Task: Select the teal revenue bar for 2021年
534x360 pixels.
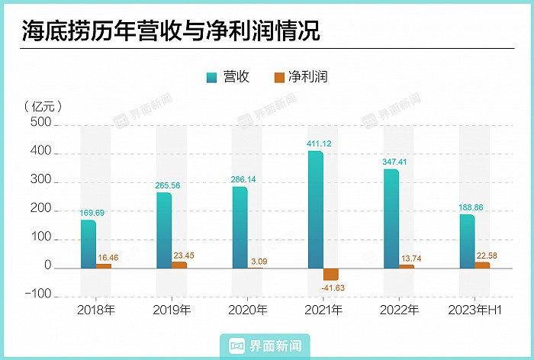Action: (316, 210)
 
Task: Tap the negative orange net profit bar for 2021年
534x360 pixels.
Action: (331, 275)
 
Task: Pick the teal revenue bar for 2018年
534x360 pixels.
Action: (88, 244)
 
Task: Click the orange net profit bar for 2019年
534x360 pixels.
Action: (179, 265)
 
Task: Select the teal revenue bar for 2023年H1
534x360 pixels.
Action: (467, 241)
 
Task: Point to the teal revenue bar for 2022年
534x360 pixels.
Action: (391, 218)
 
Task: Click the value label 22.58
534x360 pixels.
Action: (485, 256)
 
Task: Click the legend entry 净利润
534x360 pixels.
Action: (301, 77)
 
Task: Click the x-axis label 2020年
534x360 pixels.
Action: (247, 310)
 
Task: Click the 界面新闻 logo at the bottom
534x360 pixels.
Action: (267, 346)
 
